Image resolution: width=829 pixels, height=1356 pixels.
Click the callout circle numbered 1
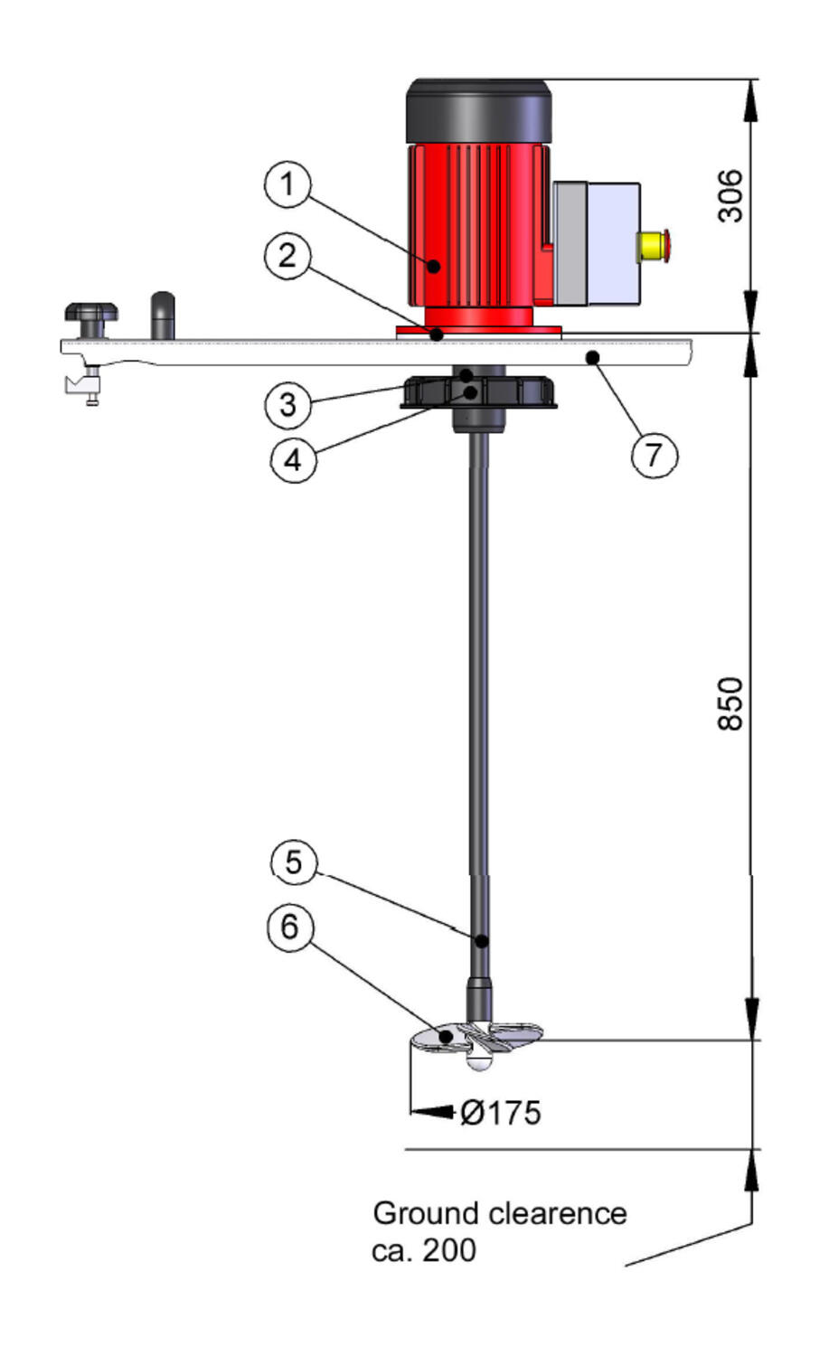[x=287, y=184]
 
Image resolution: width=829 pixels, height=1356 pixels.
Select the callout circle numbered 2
[x=287, y=256]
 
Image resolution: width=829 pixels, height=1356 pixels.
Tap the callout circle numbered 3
[x=288, y=404]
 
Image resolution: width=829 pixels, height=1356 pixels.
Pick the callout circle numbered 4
[x=293, y=459]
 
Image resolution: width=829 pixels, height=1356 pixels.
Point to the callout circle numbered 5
[x=294, y=862]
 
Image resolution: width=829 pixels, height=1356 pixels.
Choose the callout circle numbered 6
[x=291, y=927]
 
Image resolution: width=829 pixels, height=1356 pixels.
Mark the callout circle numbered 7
[x=654, y=455]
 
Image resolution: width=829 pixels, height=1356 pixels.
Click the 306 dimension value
[x=730, y=196]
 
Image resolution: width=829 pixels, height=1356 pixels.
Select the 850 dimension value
[x=730, y=704]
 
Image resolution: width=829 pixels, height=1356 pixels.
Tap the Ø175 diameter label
[x=500, y=1113]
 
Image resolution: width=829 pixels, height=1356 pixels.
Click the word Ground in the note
[x=428, y=1214]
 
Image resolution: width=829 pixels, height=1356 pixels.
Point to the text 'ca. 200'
[x=424, y=1250]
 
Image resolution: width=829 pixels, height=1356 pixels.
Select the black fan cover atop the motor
[x=478, y=111]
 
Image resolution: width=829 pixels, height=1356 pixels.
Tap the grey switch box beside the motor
[x=597, y=243]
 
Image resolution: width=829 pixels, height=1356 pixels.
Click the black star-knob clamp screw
[x=91, y=320]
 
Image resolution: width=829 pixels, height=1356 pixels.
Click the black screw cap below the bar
[x=478, y=391]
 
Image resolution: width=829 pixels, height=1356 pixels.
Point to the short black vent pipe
[x=163, y=315]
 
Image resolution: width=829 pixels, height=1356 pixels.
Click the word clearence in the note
[x=558, y=1214]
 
